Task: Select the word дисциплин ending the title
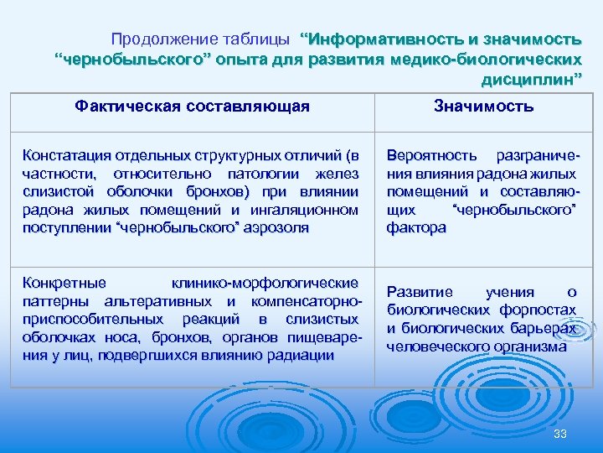pos(528,81)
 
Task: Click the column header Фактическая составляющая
pos(192,107)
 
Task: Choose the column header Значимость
pos(483,107)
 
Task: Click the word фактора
pos(416,227)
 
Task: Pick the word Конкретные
pos(64,283)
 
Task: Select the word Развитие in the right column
pos(420,292)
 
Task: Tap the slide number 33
pos(560,433)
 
